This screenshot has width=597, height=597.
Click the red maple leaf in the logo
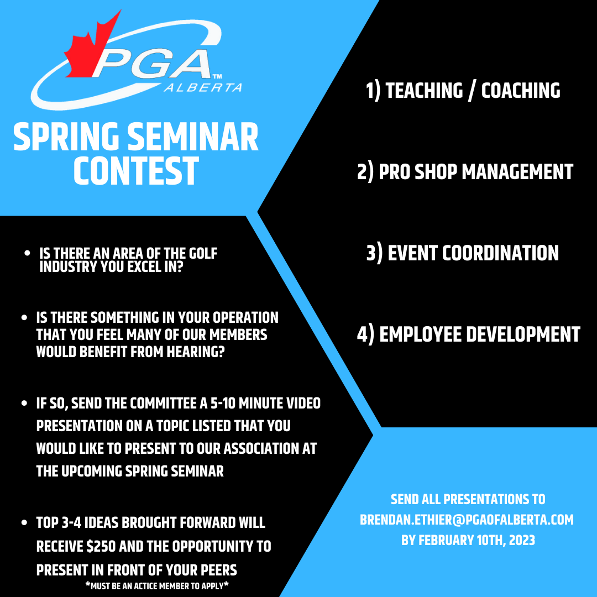coord(90,50)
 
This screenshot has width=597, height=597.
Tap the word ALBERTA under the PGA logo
coord(203,87)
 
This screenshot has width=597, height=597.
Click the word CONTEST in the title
coord(136,171)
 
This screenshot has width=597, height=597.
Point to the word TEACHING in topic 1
coord(424,91)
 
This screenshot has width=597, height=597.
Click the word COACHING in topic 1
coord(521,91)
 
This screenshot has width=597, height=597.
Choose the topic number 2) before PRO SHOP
coord(365,172)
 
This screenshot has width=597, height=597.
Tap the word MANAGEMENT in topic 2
coord(517,172)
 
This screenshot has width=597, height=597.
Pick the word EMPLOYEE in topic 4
coord(420,334)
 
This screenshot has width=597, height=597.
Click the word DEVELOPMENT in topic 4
coord(523,334)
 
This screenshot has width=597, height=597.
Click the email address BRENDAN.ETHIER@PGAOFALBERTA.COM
coord(467,520)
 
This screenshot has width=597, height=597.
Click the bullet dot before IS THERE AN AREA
coord(27,253)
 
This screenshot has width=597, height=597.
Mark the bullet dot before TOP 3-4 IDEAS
coord(24,522)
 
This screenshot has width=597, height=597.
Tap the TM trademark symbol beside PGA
coord(217,76)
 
